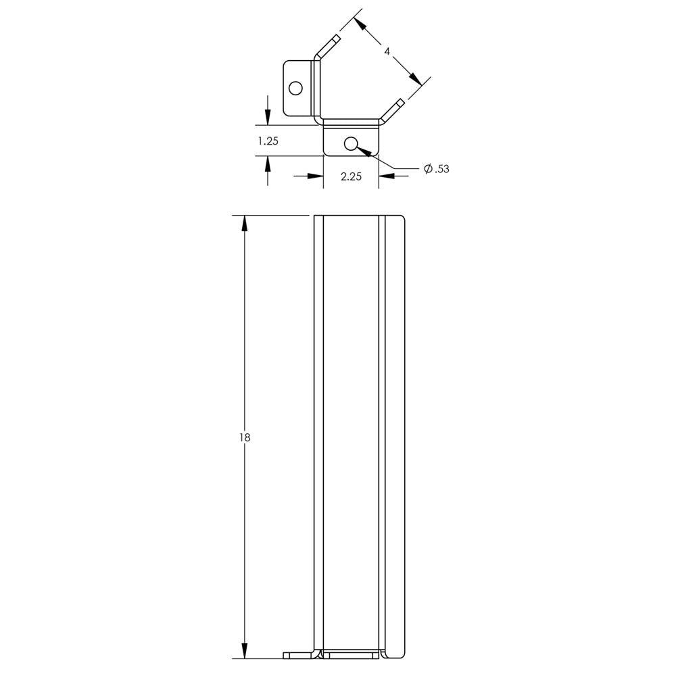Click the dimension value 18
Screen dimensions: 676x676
coord(245,437)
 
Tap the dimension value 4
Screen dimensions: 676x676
coord(387,51)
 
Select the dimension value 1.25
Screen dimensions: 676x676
coord(268,141)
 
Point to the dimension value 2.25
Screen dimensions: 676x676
coord(351,176)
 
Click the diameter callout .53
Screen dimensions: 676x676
coord(441,169)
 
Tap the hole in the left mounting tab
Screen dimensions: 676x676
coord(295,89)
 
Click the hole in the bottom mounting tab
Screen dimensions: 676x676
coord(352,143)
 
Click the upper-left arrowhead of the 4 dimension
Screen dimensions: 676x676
coord(361,24)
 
